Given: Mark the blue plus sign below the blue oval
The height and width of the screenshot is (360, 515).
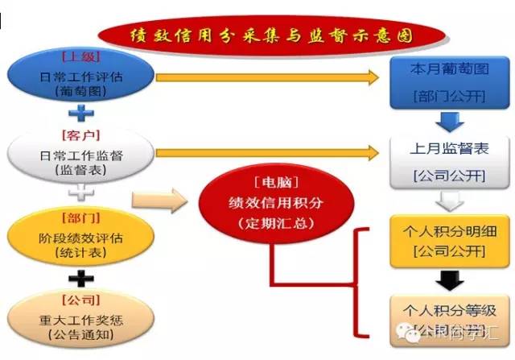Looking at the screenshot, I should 80,114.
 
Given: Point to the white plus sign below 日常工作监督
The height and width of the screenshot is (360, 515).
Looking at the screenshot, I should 80,193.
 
